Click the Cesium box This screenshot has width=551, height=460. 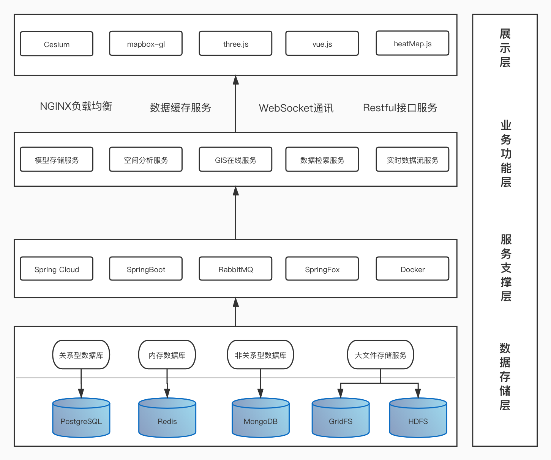coord(57,44)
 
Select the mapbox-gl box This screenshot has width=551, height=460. coord(146,44)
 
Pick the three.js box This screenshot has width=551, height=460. coord(235,44)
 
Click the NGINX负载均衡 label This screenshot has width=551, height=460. coord(76,106)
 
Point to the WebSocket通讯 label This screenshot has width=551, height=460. coord(296,108)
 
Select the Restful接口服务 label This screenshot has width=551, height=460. coord(400,108)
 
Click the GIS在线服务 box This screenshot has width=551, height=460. coord(235,160)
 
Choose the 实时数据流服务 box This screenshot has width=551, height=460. coord(412,160)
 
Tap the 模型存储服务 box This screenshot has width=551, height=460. coord(57,160)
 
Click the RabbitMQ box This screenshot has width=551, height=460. coord(235,269)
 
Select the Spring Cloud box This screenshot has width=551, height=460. coord(57,269)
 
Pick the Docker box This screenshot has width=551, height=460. coord(412,269)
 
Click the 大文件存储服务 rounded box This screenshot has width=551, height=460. coord(380,355)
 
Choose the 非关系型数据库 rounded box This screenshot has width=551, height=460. coord(261,355)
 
